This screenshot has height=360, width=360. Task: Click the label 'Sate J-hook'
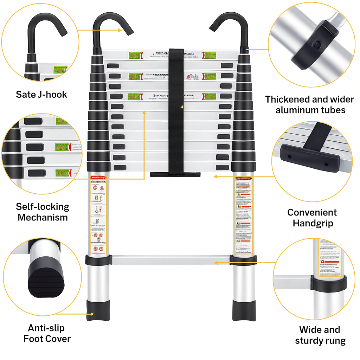tap(41, 94)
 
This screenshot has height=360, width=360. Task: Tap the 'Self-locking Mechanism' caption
tap(43, 212)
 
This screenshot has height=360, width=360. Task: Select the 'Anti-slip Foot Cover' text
tap(47, 333)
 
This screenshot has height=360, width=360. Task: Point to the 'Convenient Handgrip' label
tap(312, 218)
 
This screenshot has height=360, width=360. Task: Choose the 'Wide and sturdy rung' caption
tap(320, 335)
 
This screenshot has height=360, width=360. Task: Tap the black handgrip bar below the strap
tap(175, 174)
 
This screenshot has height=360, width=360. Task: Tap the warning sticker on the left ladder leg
tap(98, 214)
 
